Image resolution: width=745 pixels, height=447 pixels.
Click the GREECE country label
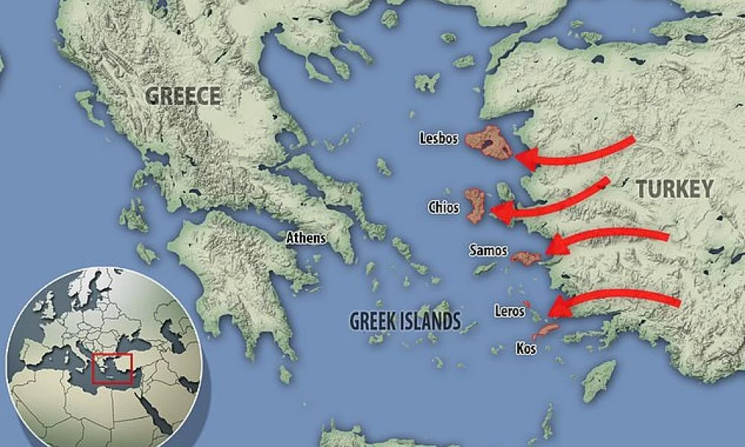183,96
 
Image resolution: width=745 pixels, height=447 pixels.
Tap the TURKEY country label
675,189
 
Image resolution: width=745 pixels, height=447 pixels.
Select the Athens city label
307,238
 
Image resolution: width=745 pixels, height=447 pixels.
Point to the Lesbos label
440,137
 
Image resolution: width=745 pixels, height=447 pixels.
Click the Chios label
443,207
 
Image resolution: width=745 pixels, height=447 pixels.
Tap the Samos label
488,251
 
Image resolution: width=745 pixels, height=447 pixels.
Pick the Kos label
526,347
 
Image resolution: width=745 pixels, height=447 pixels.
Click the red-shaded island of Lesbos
489,142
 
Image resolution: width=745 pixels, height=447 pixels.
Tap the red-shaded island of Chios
475,205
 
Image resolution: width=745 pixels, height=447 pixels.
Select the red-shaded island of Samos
526,258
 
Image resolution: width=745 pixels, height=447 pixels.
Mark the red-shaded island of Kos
546,329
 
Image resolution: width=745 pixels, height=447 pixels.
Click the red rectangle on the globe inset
111,368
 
